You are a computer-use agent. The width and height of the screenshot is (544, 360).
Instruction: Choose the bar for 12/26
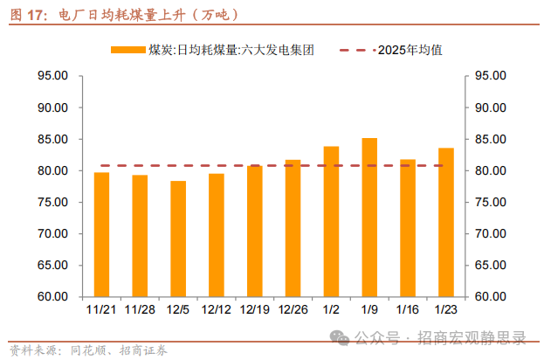(x=293, y=228)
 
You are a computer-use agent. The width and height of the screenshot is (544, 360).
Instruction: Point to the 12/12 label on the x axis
(x=217, y=308)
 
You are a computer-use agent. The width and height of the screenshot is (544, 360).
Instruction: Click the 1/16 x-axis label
(x=408, y=308)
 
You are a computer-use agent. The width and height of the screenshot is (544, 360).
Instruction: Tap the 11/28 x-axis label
(x=140, y=308)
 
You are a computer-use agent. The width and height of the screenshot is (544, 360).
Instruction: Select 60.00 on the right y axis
(x=487, y=296)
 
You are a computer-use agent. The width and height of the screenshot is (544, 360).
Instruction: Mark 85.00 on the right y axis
(x=487, y=139)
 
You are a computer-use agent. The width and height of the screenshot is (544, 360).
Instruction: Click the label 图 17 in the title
(x=27, y=15)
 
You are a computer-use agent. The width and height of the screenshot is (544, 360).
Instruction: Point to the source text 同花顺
(x=90, y=351)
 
